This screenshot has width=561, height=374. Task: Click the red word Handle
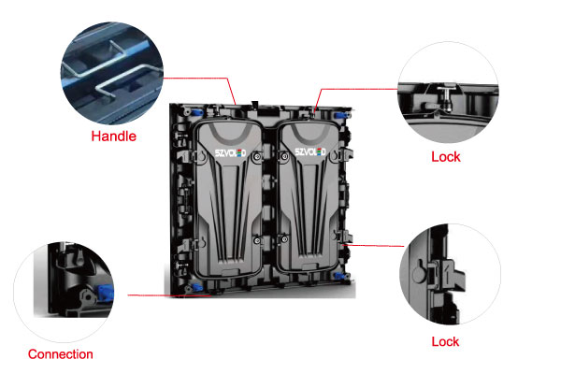click(114, 137)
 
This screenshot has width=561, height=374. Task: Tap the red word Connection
click(61, 354)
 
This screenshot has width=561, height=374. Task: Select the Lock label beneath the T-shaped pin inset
click(446, 157)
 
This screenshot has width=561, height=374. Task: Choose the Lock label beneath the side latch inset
click(445, 342)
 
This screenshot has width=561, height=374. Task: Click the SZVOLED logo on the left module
click(230, 153)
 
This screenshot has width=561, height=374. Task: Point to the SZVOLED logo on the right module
click(310, 151)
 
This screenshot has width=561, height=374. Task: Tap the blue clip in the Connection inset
click(106, 293)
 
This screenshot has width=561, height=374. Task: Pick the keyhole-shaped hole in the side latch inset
click(419, 272)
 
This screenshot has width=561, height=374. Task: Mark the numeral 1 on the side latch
click(448, 268)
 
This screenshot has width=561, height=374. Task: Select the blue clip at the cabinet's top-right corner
click(341, 116)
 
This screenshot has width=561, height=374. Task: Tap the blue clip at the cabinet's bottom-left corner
click(196, 287)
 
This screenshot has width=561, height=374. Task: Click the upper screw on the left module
click(257, 156)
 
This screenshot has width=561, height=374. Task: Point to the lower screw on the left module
click(257, 240)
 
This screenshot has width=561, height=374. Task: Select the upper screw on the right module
click(285, 156)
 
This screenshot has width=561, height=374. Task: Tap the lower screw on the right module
click(284, 238)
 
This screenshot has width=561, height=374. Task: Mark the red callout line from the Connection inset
click(169, 295)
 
